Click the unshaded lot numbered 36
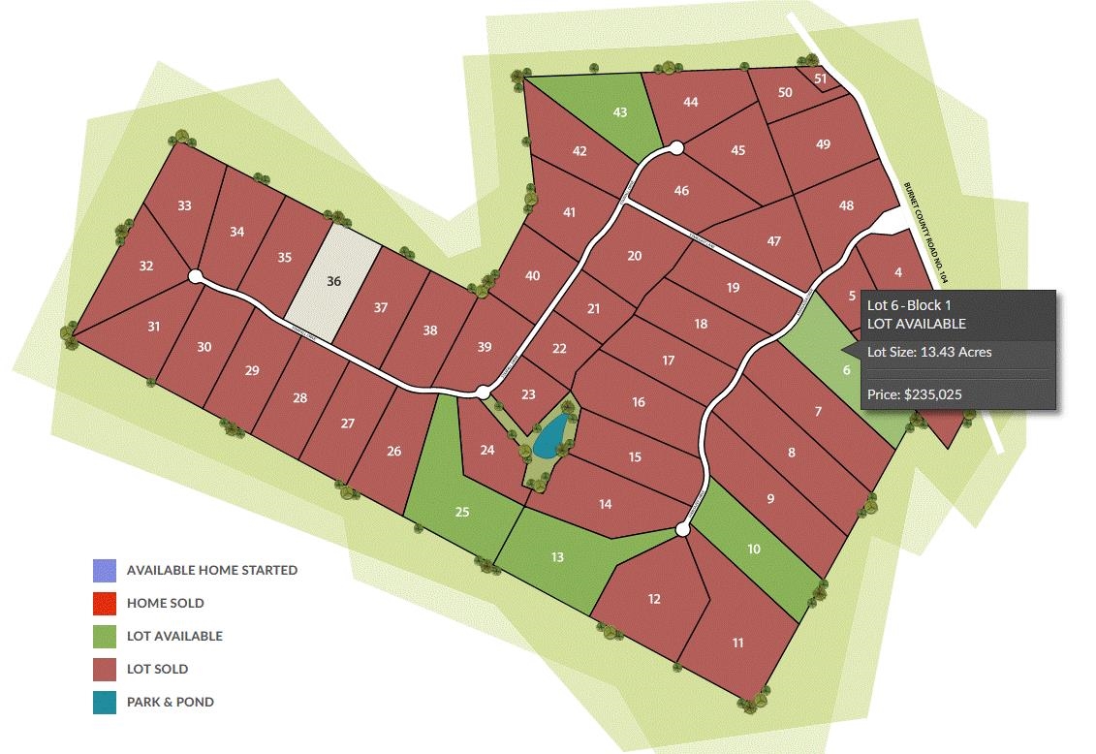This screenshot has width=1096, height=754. [x=335, y=281]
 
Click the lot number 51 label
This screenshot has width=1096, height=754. [x=821, y=79]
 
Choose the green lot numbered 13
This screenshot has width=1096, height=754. [x=557, y=557]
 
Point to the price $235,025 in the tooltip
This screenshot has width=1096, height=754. [x=914, y=394]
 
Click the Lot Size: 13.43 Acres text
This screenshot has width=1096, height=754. [x=928, y=352]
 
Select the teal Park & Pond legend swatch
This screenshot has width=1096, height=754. [x=105, y=702]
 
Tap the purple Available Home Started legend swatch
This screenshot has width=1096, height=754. [x=105, y=570]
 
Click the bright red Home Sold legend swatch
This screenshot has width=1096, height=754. [x=105, y=603]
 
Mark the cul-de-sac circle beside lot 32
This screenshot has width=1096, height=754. [x=195, y=276]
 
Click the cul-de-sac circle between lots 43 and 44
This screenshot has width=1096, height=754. [x=676, y=148]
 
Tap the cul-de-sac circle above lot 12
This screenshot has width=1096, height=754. [x=682, y=529]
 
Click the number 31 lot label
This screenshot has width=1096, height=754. [x=154, y=327]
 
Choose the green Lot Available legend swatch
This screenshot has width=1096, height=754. [x=105, y=636]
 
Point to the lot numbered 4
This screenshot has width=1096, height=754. [x=898, y=272]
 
